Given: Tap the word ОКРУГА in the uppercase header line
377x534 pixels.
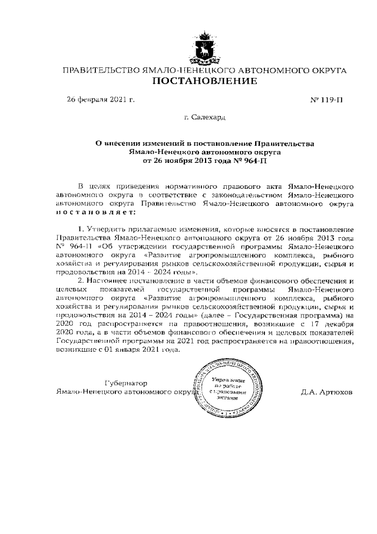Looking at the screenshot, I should (328, 70).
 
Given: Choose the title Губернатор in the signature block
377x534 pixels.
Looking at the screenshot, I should (125, 382).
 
